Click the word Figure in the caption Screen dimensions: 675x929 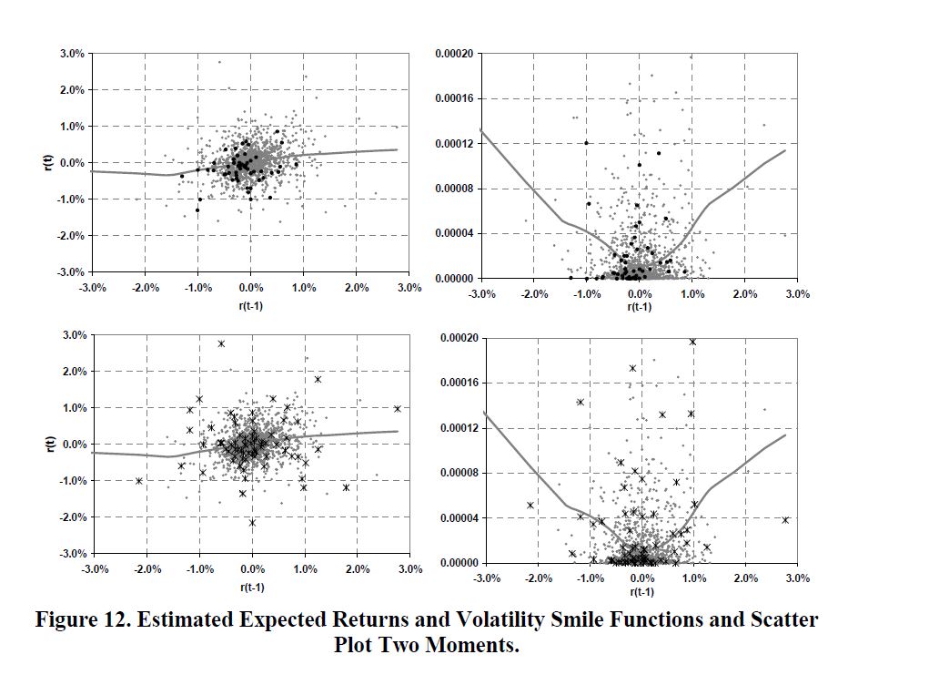point(70,620)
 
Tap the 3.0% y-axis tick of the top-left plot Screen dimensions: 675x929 point(71,54)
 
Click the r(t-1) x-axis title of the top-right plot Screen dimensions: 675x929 point(640,307)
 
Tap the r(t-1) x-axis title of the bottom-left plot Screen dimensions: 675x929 point(252,587)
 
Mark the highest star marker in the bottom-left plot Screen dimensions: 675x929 point(221,343)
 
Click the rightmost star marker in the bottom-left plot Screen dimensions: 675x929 point(397,409)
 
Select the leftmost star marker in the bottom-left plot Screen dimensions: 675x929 point(139,481)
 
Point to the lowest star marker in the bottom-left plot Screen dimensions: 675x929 point(252,522)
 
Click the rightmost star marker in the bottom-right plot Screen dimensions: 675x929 point(784,520)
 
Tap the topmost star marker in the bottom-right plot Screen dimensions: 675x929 point(692,342)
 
